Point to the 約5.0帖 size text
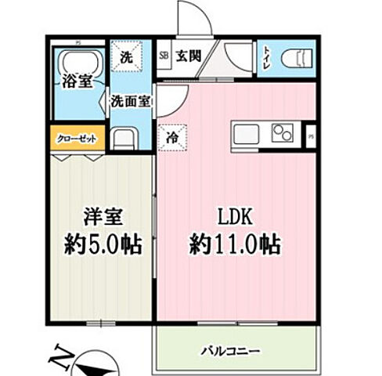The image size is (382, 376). pyautogui.click(x=103, y=246)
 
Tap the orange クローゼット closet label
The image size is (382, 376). pyautogui.click(x=77, y=139)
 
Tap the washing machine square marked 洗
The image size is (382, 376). pyautogui.click(x=126, y=56)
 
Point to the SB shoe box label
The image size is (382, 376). pyautogui.click(x=164, y=56)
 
